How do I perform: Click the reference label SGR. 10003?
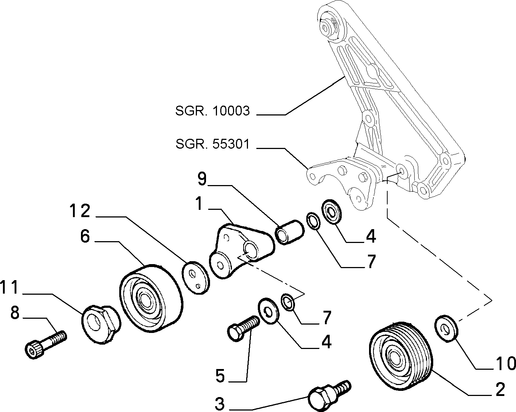click(213, 111)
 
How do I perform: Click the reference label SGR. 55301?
click(213, 144)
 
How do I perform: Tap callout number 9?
click(202, 179)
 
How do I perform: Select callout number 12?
click(80, 211)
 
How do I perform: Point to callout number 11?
click(9, 287)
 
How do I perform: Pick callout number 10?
click(506, 363)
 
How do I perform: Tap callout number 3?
click(220, 404)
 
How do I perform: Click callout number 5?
click(220, 375)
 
